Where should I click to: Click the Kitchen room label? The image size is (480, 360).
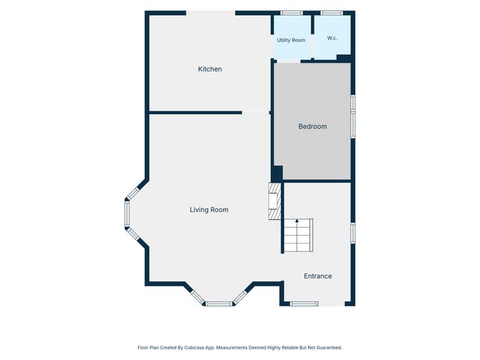pos(210,69)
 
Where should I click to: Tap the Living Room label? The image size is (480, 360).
pos(209,210)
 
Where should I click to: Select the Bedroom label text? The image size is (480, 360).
pos(313,126)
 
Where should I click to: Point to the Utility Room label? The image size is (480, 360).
pos(291,40)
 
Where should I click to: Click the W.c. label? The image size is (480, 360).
pos(332,38)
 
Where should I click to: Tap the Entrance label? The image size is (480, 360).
pos(317,276)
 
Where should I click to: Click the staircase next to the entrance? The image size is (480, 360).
pos(298,235)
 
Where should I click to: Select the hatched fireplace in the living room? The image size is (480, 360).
pos(274,201)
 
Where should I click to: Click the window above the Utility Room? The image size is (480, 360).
pos(291,13)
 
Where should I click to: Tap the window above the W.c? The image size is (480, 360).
pos(331,13)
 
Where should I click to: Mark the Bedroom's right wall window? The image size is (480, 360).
pos(353,116)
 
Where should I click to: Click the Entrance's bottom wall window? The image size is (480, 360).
pos(304,304)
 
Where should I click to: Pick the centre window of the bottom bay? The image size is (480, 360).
pos(219,304)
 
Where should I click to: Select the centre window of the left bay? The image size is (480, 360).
pos(127,214)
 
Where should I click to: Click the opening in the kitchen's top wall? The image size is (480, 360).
pos(211,13)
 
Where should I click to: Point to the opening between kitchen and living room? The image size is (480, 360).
pos(256,112)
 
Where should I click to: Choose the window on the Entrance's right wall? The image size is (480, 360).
pos(353,233)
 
